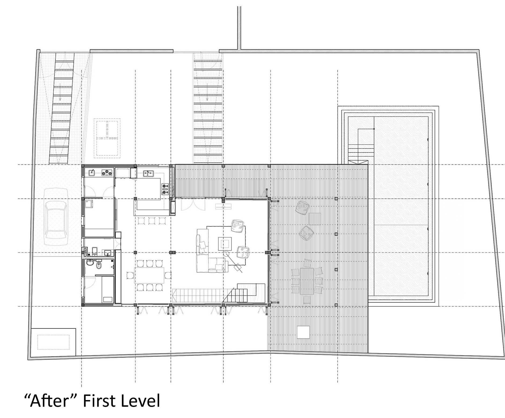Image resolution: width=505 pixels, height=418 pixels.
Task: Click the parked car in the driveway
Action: pos(56,214)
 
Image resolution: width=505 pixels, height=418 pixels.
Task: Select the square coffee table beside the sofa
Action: pos(225,244)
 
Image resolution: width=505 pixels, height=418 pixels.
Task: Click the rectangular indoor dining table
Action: pos(149,275)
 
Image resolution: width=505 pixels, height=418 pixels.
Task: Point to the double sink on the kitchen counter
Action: pos(148,174)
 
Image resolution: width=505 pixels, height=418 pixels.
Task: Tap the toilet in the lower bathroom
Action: pos(99,264)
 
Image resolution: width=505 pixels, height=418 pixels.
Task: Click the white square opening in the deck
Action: pos(303,332)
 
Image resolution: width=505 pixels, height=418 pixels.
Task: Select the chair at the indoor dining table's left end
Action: pos(130,275)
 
